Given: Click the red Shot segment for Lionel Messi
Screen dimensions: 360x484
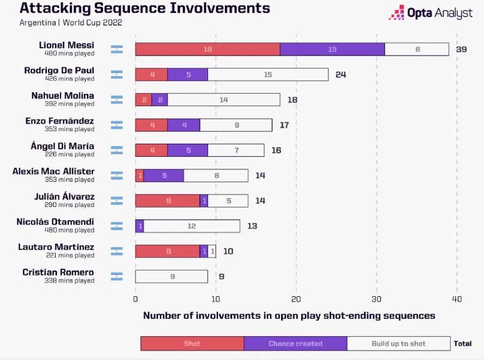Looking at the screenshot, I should click(207, 49).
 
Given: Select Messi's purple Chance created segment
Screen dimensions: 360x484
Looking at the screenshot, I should click(332, 49).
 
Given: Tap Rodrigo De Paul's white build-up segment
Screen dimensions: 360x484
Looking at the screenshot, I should click(268, 74).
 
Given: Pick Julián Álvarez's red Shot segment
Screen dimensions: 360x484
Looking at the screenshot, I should click(167, 201).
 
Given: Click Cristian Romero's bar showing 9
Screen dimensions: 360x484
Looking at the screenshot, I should click(172, 276).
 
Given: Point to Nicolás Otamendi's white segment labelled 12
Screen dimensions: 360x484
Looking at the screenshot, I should click(192, 226).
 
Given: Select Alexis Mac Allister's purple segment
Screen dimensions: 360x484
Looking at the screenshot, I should click(164, 176).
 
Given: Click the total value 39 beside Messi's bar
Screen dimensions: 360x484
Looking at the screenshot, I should click(461, 49).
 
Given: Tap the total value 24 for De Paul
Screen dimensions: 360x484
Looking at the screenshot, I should click(340, 74).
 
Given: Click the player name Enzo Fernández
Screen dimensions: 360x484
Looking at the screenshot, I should click(59, 121).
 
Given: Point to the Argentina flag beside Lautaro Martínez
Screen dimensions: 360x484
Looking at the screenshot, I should click(117, 251).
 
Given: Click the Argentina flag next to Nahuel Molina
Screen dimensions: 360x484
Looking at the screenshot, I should click(117, 99).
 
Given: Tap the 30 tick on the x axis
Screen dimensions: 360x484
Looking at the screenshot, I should click(377, 299).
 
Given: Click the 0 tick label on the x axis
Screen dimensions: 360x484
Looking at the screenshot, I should click(136, 299).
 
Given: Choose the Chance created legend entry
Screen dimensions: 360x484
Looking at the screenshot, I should click(295, 343).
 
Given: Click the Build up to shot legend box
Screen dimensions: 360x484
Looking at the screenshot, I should click(398, 343).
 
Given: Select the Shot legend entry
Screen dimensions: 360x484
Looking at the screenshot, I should click(192, 343).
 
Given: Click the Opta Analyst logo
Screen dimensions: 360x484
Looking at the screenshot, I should click(431, 13).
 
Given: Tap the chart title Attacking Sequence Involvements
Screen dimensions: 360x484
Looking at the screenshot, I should click(145, 9).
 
